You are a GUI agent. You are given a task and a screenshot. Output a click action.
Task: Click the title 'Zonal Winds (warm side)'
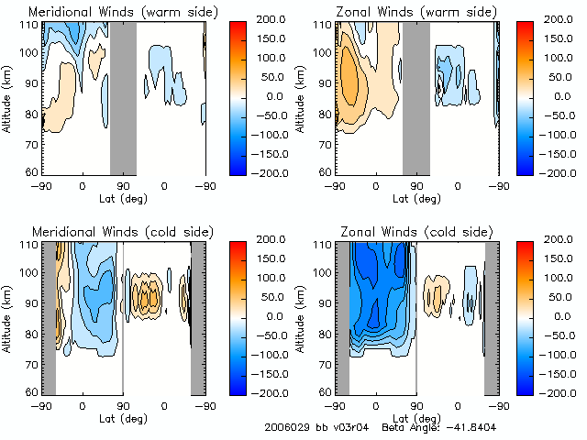click(x=415, y=12)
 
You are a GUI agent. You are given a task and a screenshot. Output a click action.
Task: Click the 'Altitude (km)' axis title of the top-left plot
click(x=7, y=97)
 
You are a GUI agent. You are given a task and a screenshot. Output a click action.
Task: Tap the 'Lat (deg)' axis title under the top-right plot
click(x=415, y=196)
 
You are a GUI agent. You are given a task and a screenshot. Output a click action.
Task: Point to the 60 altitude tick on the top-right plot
click(x=325, y=172)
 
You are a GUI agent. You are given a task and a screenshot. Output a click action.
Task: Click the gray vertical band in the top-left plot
click(x=123, y=97)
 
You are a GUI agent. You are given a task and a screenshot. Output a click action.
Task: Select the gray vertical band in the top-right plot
click(x=415, y=97)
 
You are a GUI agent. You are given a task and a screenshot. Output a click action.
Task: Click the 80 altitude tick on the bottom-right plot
click(x=325, y=335)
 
